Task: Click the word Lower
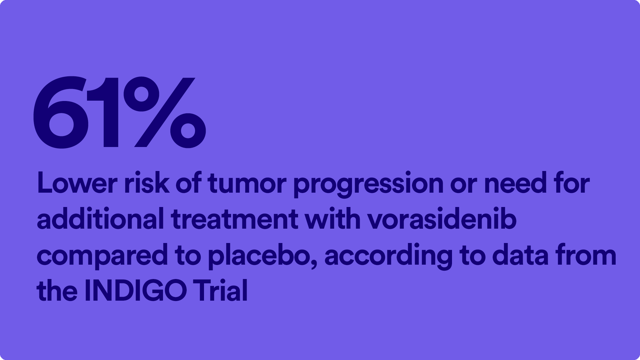tap(77, 183)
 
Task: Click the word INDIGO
tap(135, 290)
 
